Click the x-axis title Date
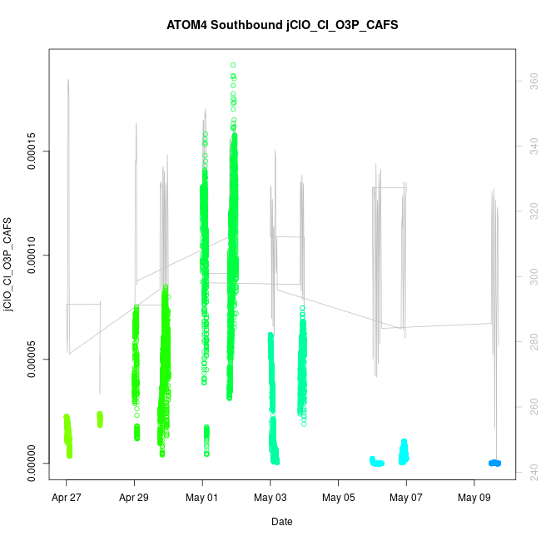[281, 522]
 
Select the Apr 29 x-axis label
[134, 499]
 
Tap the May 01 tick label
[202, 499]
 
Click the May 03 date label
[270, 499]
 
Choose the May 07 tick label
[406, 499]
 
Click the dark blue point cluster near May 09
[494, 463]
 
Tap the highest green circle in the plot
[233, 64]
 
